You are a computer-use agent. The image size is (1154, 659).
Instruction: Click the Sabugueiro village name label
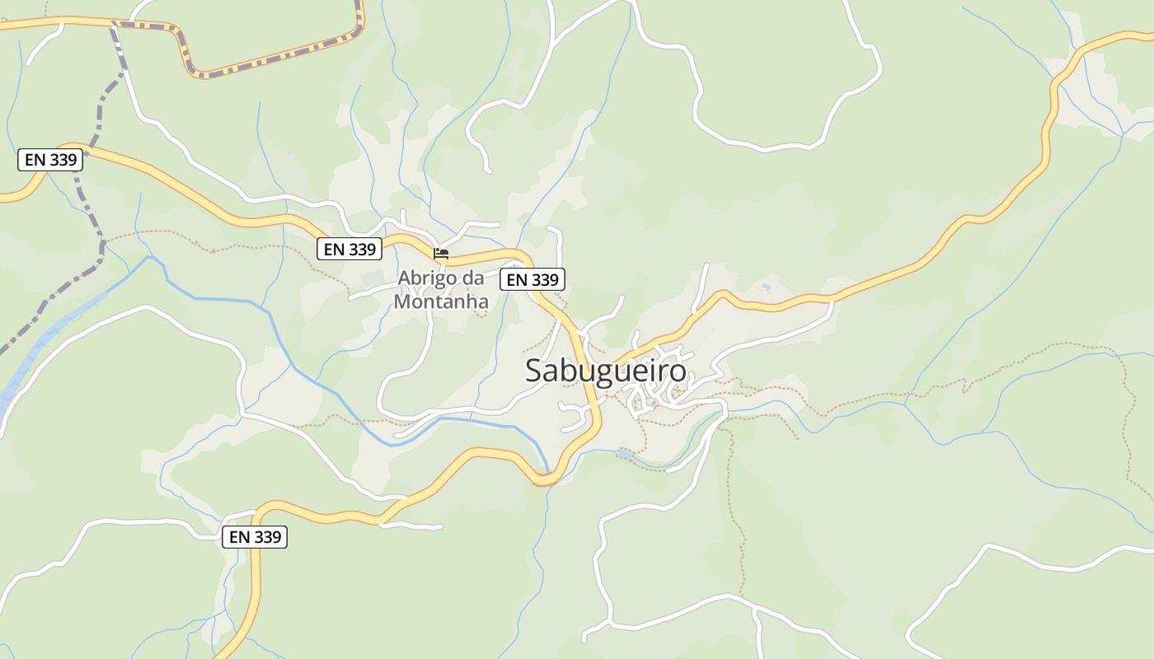[x=606, y=371]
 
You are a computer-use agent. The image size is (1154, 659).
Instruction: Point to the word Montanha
[x=441, y=301]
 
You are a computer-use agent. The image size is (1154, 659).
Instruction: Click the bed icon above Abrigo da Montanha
[x=441, y=254]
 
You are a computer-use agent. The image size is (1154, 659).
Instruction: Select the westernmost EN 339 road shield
[x=50, y=160]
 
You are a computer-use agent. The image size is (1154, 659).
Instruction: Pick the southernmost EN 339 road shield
[x=256, y=537]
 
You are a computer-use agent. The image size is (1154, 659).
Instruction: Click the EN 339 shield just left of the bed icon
[x=349, y=249]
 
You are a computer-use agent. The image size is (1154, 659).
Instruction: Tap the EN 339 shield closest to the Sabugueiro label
[x=532, y=279]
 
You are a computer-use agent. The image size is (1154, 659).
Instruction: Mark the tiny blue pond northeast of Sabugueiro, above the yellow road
[x=767, y=287]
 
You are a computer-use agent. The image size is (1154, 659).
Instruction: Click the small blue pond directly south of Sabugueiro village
[x=626, y=453]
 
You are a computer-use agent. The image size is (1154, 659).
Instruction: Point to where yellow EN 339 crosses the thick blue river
[x=544, y=476]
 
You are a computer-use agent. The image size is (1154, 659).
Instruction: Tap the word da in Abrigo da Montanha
[x=473, y=278]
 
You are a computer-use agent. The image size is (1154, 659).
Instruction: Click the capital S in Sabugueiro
[x=534, y=372]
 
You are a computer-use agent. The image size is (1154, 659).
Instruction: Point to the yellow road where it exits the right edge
[x=1147, y=35]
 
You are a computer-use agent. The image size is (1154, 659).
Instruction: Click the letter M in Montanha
[x=402, y=301]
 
